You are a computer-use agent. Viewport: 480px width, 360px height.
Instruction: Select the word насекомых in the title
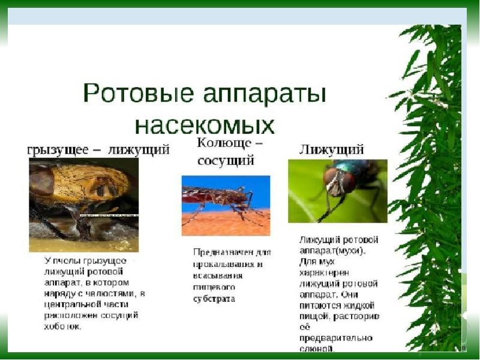[204, 125]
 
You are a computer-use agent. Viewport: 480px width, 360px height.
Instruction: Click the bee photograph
[83, 204]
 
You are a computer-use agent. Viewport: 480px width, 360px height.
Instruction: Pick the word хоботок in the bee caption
[63, 326]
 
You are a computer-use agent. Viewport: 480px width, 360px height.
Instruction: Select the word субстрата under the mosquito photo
[214, 298]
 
